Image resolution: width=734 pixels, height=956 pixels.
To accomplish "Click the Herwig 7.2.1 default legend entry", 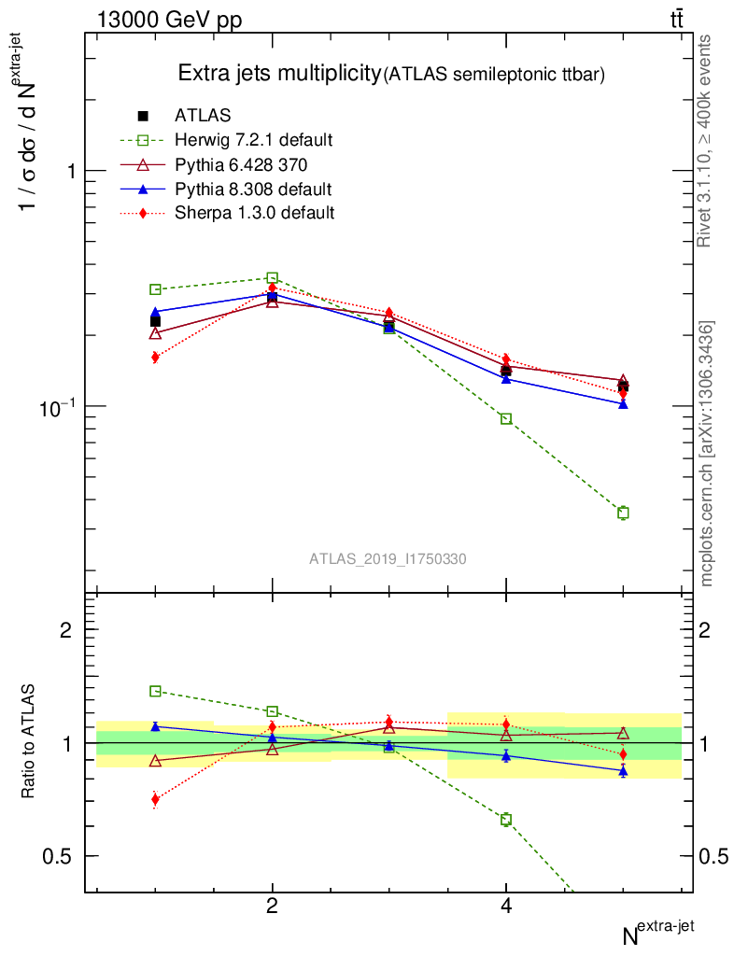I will click(x=253, y=140).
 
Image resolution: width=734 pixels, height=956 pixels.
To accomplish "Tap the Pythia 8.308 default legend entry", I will click(x=253, y=189).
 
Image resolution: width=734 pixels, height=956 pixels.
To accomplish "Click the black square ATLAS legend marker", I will click(x=143, y=116).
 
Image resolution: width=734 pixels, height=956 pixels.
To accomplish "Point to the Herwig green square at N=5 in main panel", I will click(x=623, y=513).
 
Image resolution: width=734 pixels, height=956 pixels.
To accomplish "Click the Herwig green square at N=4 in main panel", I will click(x=506, y=418).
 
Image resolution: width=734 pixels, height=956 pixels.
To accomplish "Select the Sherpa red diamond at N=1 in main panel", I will click(x=155, y=357).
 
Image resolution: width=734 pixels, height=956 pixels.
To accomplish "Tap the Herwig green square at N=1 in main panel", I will click(x=155, y=289).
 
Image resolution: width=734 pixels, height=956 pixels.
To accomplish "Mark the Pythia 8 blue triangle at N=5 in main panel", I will click(x=623, y=404).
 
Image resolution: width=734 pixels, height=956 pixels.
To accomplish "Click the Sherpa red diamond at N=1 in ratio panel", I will click(x=155, y=798).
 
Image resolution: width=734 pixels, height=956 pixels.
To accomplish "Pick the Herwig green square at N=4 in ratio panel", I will click(x=506, y=819).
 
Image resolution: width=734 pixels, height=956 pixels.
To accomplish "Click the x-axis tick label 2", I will click(x=272, y=906).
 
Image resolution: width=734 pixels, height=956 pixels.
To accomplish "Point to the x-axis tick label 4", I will click(x=506, y=906).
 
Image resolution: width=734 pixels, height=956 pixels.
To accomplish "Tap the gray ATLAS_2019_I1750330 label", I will click(x=388, y=559).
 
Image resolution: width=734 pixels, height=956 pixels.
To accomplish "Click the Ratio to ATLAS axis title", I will click(x=29, y=742).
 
